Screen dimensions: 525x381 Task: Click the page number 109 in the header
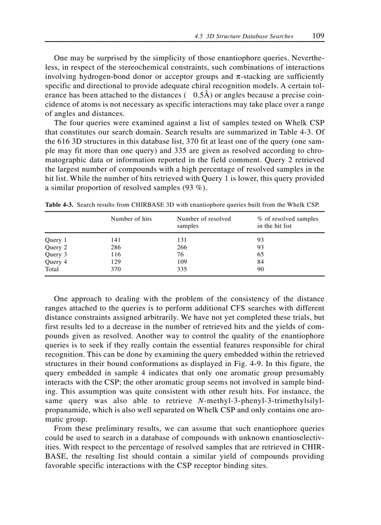(319, 36)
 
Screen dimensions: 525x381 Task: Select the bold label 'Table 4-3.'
(59, 205)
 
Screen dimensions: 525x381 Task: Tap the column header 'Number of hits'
(131, 219)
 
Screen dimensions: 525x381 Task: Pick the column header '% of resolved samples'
(288, 219)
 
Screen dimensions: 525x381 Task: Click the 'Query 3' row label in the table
(56, 254)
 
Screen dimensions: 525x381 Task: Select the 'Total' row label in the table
(52, 269)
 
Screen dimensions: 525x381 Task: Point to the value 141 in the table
(115, 239)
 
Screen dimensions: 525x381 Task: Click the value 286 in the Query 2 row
(115, 247)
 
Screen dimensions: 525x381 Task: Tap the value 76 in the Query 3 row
(180, 254)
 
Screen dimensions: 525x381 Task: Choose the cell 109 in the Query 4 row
(182, 262)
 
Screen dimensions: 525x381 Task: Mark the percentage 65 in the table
(261, 254)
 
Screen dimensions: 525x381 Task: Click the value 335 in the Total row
(182, 269)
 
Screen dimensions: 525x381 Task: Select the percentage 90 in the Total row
(261, 269)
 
